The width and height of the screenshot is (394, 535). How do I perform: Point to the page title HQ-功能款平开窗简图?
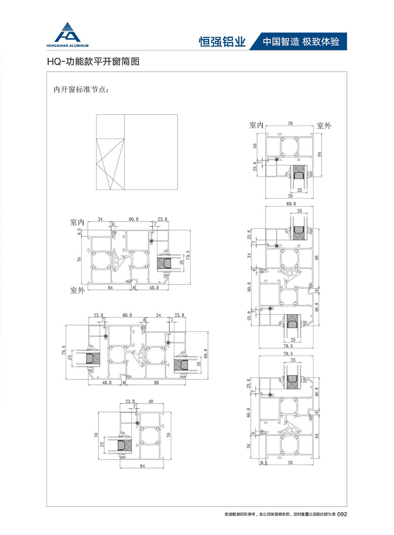point(93,62)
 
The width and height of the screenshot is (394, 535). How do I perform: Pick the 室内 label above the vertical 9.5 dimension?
point(78,222)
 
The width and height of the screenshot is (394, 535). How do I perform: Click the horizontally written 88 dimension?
point(156,382)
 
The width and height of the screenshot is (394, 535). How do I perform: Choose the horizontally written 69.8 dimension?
point(291,204)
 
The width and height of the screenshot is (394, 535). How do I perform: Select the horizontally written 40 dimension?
point(151,401)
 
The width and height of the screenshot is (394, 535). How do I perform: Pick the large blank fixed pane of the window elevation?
point(151,152)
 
